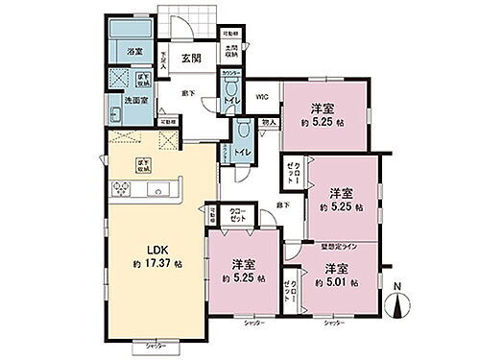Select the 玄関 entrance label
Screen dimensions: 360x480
point(191,57)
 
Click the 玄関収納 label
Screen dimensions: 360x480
point(230,54)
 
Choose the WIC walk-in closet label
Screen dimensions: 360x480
point(262,96)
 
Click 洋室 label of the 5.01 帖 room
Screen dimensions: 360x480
point(334,269)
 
